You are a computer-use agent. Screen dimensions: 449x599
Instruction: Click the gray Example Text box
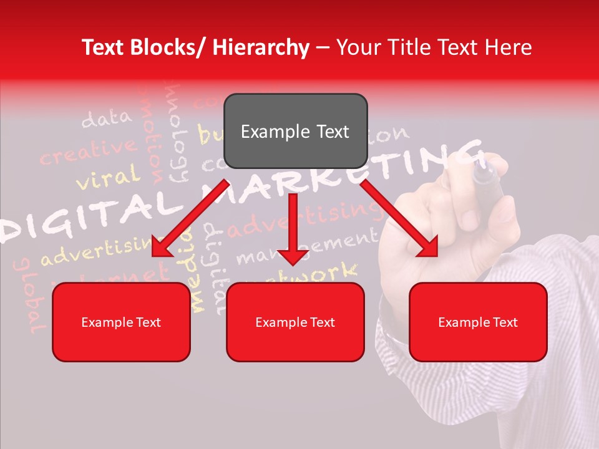tap(295, 132)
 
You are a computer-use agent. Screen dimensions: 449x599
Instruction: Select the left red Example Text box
tap(121, 322)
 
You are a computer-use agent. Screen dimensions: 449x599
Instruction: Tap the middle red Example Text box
tap(295, 322)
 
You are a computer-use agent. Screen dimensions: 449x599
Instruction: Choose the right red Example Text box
tap(478, 322)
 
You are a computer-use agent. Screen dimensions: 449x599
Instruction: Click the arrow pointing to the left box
tap(191, 218)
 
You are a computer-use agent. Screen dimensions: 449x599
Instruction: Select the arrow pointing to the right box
tap(399, 218)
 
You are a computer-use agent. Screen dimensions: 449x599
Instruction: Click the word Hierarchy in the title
tap(261, 47)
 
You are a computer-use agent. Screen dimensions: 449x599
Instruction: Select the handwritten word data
tap(107, 118)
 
